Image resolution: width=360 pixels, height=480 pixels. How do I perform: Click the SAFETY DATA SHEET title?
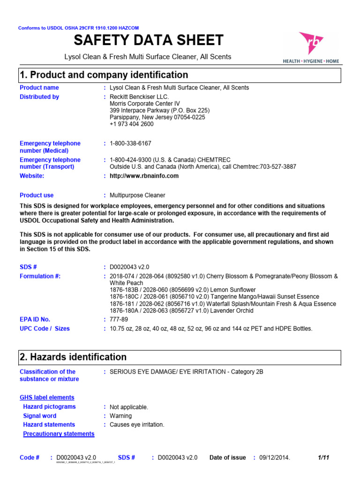point(148,40)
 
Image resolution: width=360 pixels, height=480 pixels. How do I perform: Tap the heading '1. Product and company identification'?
point(104,75)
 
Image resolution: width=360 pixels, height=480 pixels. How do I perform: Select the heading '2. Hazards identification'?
point(73,357)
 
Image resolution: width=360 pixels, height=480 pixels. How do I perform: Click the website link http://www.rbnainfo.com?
point(144,176)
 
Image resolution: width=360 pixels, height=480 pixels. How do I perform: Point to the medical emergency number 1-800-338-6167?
point(130,143)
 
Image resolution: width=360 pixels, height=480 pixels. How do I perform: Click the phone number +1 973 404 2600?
point(131,124)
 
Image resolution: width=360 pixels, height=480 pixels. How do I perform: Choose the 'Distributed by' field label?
point(39,97)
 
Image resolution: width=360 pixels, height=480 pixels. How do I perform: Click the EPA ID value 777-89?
point(119,319)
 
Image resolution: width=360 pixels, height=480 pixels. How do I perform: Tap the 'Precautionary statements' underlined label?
point(59,434)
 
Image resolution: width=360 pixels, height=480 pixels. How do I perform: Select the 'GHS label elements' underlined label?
point(47,397)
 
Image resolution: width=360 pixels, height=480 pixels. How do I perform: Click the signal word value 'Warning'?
point(120,416)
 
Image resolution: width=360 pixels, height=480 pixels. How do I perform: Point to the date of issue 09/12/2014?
point(275,457)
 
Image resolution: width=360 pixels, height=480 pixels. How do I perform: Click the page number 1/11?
point(323,457)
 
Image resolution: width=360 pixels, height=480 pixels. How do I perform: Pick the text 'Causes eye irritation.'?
point(137,425)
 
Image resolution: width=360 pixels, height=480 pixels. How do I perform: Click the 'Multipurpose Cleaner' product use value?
point(137,195)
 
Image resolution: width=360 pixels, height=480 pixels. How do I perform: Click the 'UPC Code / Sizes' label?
point(45,329)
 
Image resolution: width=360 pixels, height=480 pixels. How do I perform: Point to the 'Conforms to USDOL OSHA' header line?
point(78,28)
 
